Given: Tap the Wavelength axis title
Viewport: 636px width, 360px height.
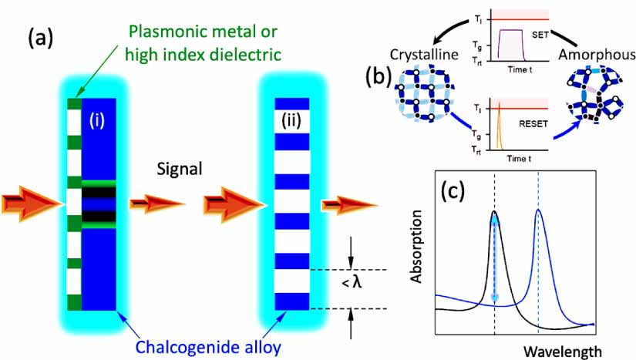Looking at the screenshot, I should pos(562,351).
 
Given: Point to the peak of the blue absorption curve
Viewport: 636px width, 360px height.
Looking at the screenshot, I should pos(539,210).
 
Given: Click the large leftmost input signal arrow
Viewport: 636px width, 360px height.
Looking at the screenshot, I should pos(31,204).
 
